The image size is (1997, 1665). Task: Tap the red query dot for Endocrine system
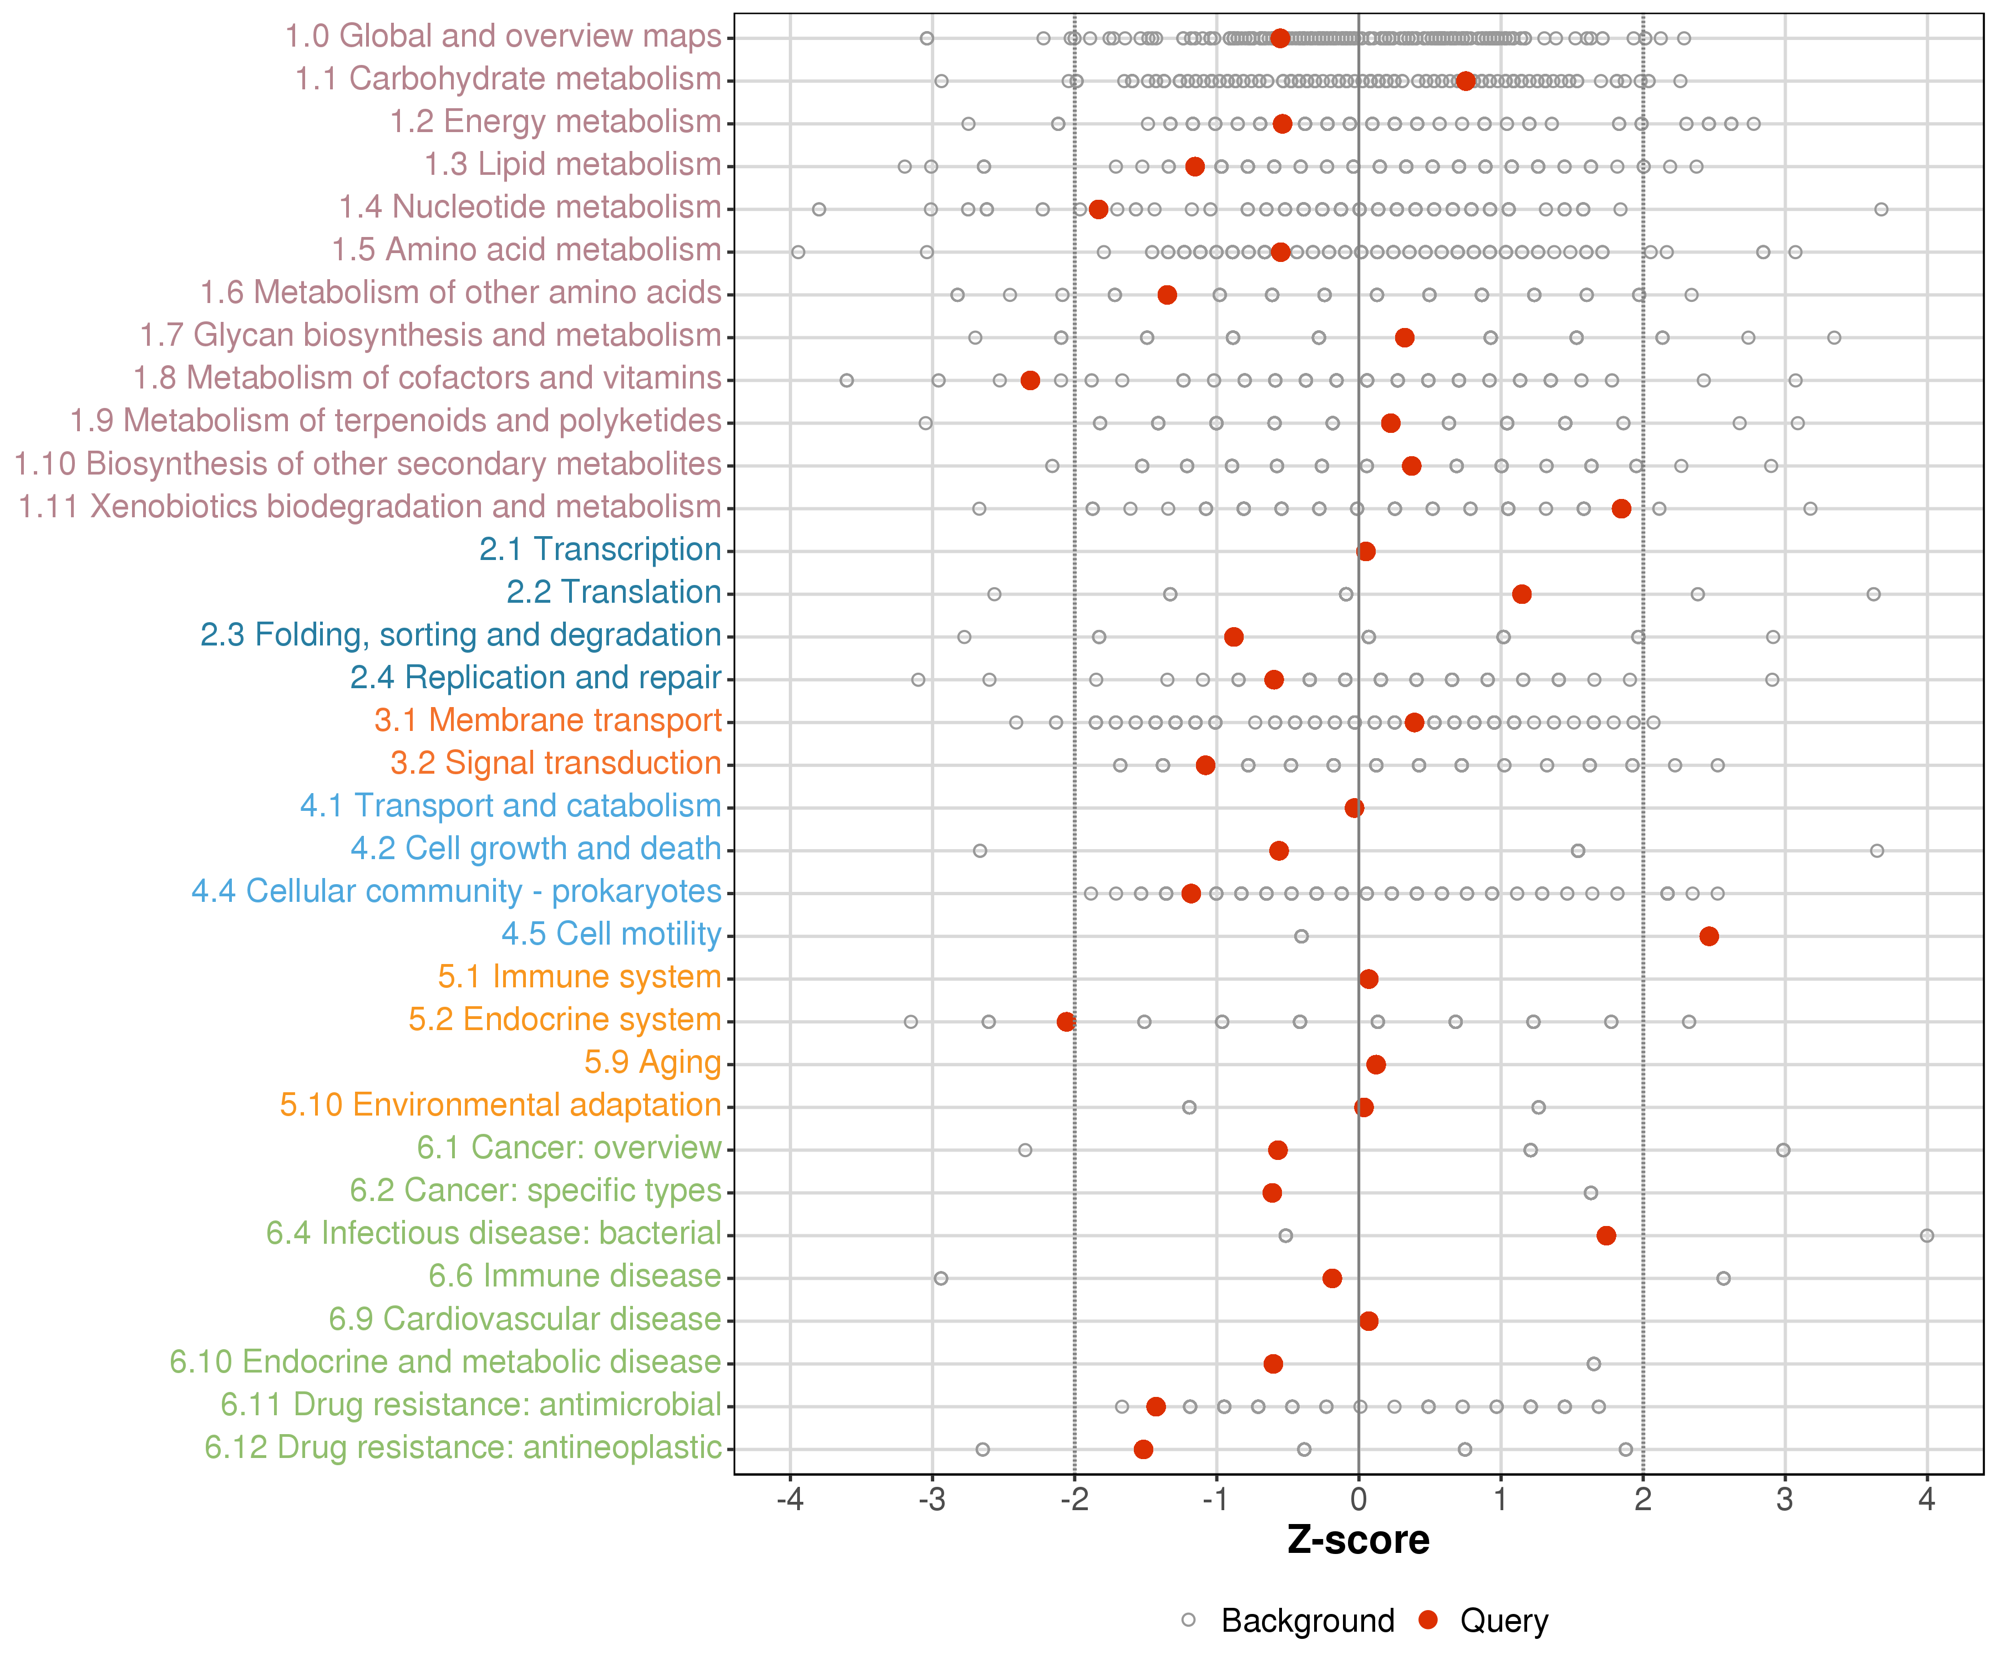coord(1066,1021)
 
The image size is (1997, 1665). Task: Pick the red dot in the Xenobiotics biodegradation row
coord(1621,508)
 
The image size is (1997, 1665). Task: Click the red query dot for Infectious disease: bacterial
coord(1606,1235)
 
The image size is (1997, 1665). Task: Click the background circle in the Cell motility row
coord(1301,936)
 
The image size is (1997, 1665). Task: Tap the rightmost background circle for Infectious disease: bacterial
coord(1927,1235)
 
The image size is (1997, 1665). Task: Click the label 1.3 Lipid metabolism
coord(572,165)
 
